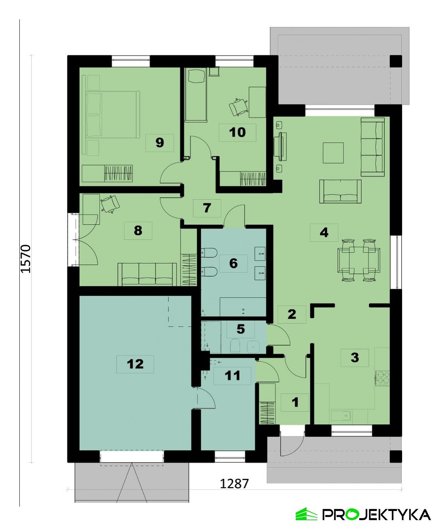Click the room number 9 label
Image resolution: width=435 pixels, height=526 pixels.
click(x=159, y=143)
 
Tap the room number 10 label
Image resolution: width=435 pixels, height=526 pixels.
click(x=237, y=132)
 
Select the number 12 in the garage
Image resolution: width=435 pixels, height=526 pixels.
click(x=135, y=364)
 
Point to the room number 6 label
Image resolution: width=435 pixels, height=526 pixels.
click(x=233, y=263)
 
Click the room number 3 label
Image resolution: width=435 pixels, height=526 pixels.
click(x=355, y=357)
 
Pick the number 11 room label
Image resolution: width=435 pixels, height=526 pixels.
click(x=232, y=376)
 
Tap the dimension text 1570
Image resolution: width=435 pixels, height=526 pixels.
click(x=26, y=258)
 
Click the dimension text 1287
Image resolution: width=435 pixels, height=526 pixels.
click(x=234, y=483)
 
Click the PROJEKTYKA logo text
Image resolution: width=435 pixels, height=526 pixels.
click(x=376, y=514)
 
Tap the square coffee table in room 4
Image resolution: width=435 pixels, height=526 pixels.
click(x=333, y=153)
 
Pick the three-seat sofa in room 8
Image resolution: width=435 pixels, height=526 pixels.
click(x=147, y=274)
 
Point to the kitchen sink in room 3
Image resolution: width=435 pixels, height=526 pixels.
click(x=341, y=416)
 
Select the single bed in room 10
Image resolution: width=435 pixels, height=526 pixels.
click(x=196, y=95)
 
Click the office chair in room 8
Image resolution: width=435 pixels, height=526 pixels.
click(x=110, y=203)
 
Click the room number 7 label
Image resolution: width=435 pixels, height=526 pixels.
click(x=207, y=208)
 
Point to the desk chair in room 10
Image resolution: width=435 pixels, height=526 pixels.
click(x=238, y=106)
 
